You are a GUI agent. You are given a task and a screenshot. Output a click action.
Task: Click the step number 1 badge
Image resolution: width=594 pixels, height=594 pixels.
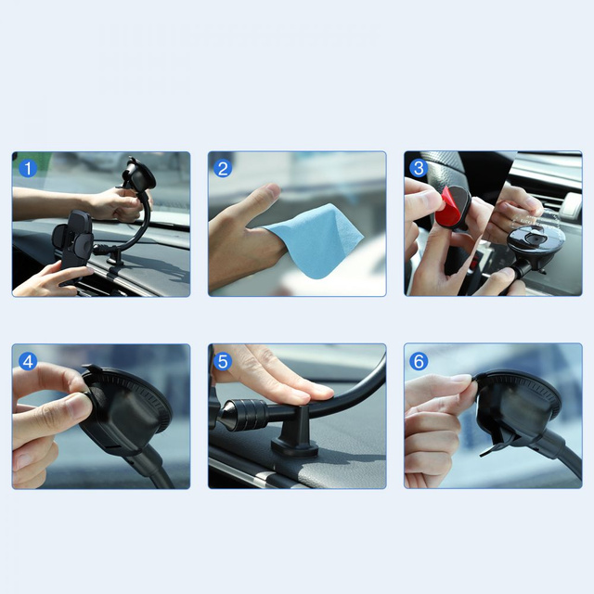point(28,168)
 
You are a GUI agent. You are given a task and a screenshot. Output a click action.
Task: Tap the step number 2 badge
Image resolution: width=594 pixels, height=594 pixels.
point(223,168)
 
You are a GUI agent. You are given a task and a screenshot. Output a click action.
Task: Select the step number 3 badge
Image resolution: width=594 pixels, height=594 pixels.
point(419,168)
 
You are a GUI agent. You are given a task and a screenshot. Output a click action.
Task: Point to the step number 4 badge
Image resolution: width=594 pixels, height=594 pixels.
point(28,361)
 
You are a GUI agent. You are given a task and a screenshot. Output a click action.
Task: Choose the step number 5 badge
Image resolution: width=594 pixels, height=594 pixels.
point(223,361)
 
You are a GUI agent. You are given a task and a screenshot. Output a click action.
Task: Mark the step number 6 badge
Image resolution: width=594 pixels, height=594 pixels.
point(419,361)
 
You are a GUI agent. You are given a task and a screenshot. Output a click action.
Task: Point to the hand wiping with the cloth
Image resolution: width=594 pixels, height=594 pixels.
point(243,237)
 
